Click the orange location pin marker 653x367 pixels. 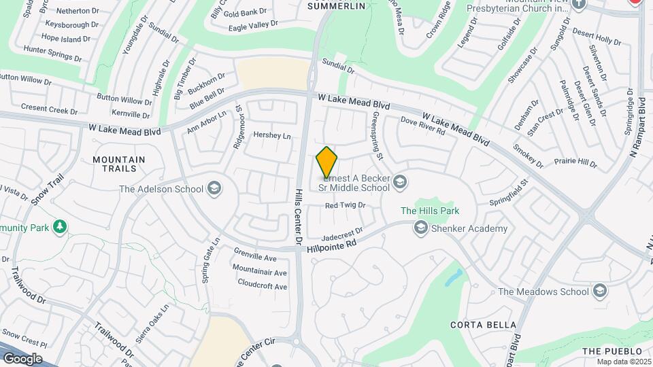tap(326, 162)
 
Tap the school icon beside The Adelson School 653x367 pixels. tap(214, 188)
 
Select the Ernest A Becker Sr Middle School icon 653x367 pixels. tap(401, 181)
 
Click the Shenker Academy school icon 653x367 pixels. tap(421, 228)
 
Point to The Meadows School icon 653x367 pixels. tap(599, 291)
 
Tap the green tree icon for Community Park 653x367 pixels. tap(61, 226)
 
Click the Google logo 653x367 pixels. tap(22, 358)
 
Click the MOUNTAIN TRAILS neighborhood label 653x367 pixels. tap(119, 164)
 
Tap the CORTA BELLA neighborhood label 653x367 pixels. tap(483, 325)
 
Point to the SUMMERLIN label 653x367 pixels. tap(337, 6)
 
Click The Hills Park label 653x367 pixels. tap(429, 211)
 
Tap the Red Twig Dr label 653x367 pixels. tap(345, 205)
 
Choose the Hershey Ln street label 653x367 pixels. tap(271, 135)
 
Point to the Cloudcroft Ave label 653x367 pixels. tap(262, 286)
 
